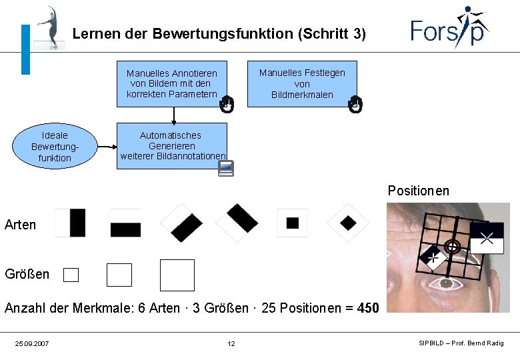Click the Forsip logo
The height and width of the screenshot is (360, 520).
pos(449,28)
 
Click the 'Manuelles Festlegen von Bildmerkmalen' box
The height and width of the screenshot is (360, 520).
pos(302,84)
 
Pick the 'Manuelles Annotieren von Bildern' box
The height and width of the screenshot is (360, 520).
pos(172,84)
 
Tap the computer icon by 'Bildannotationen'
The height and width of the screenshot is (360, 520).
pos(226,168)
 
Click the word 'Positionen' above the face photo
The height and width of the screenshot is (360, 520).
pos(419,191)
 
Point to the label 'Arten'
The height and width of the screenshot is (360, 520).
pos(21,225)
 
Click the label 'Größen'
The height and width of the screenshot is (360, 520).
pos(27,274)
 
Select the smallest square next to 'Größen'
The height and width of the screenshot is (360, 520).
pos(71,275)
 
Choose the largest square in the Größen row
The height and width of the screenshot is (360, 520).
pos(177,275)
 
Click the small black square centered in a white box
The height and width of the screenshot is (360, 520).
pos(293,223)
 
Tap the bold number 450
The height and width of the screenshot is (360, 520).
pos(367,308)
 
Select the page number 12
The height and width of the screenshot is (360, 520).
pos(231,343)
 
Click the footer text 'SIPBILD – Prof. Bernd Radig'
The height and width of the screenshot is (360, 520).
pos(461,343)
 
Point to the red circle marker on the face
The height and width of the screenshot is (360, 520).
pos(453,247)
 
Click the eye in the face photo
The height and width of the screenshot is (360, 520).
pos(446,285)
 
